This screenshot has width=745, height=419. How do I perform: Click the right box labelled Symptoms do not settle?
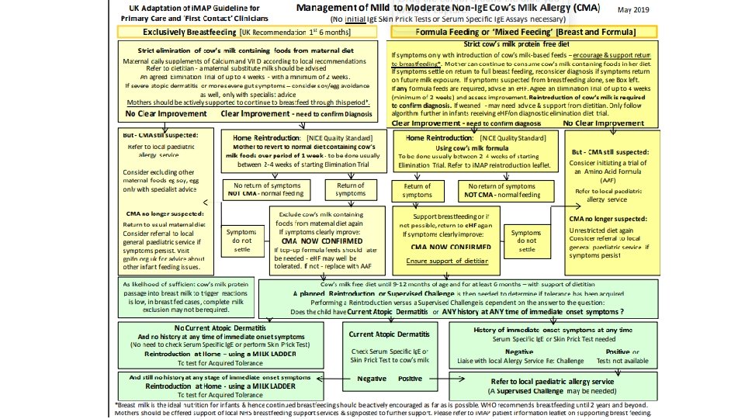[526, 241]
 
